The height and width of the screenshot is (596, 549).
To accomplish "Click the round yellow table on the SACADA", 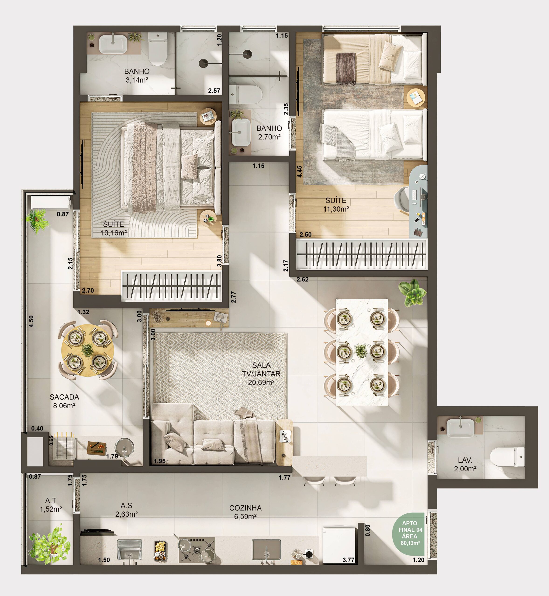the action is click(x=88, y=350).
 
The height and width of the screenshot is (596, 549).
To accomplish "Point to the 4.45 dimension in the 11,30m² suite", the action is click(x=300, y=172).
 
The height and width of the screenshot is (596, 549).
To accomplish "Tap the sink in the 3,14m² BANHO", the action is click(x=113, y=44).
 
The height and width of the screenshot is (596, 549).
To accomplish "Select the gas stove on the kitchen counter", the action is click(x=197, y=550).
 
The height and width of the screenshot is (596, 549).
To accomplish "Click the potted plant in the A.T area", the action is click(x=50, y=546).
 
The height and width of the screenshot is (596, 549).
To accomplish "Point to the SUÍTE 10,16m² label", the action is click(x=114, y=228).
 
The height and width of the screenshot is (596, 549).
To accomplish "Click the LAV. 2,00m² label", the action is click(x=465, y=464).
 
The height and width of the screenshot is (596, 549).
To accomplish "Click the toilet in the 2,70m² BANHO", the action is click(x=246, y=94).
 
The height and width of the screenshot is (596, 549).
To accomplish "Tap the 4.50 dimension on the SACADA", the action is click(x=31, y=321).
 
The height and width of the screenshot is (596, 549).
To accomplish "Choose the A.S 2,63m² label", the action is click(x=126, y=510).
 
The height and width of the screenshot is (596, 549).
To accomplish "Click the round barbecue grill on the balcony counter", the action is click(x=124, y=448).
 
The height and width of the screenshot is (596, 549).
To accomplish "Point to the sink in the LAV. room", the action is click(x=460, y=427).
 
